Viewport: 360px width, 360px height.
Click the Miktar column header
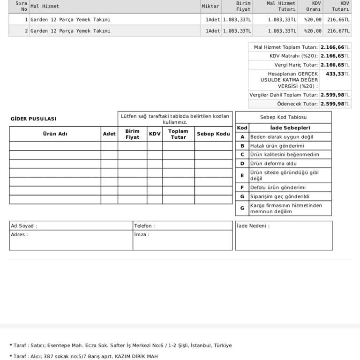[210, 6]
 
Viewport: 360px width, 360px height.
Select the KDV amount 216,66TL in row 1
[338, 20]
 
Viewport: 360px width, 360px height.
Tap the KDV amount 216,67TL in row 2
[338, 31]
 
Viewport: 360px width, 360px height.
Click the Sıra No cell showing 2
[26, 31]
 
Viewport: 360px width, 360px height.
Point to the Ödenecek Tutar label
[297, 104]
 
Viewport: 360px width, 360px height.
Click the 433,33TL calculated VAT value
[337, 74]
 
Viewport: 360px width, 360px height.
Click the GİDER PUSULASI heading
[33, 119]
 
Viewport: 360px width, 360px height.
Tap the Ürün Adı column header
[55, 134]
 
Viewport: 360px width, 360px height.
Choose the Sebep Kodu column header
[213, 134]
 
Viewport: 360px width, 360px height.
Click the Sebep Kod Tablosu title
[283, 117]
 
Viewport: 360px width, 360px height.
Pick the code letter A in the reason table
[242, 137]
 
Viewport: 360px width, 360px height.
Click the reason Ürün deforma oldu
[273, 164]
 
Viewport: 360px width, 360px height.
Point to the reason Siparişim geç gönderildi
[280, 196]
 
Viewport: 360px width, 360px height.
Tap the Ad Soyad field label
[24, 226]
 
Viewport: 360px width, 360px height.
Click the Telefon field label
[144, 226]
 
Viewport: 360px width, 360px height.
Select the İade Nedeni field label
[253, 226]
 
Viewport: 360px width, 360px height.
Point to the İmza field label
[142, 234]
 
